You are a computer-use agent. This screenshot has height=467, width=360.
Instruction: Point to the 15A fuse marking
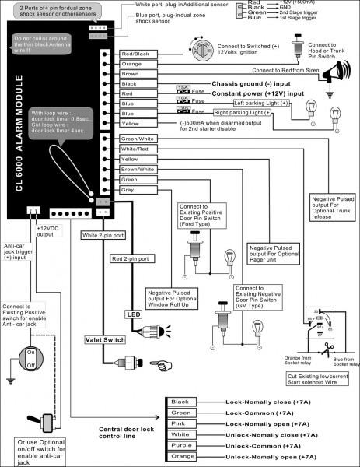pos(183,88)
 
